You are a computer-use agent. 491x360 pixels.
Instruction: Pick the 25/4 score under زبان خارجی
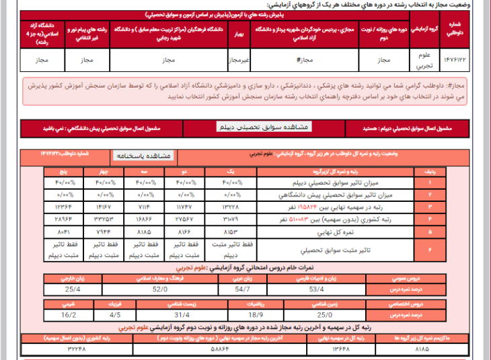pos(73,289)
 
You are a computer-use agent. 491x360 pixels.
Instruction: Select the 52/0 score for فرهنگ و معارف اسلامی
pos(159,289)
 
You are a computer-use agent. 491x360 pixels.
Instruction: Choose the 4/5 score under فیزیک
pos(115,314)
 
